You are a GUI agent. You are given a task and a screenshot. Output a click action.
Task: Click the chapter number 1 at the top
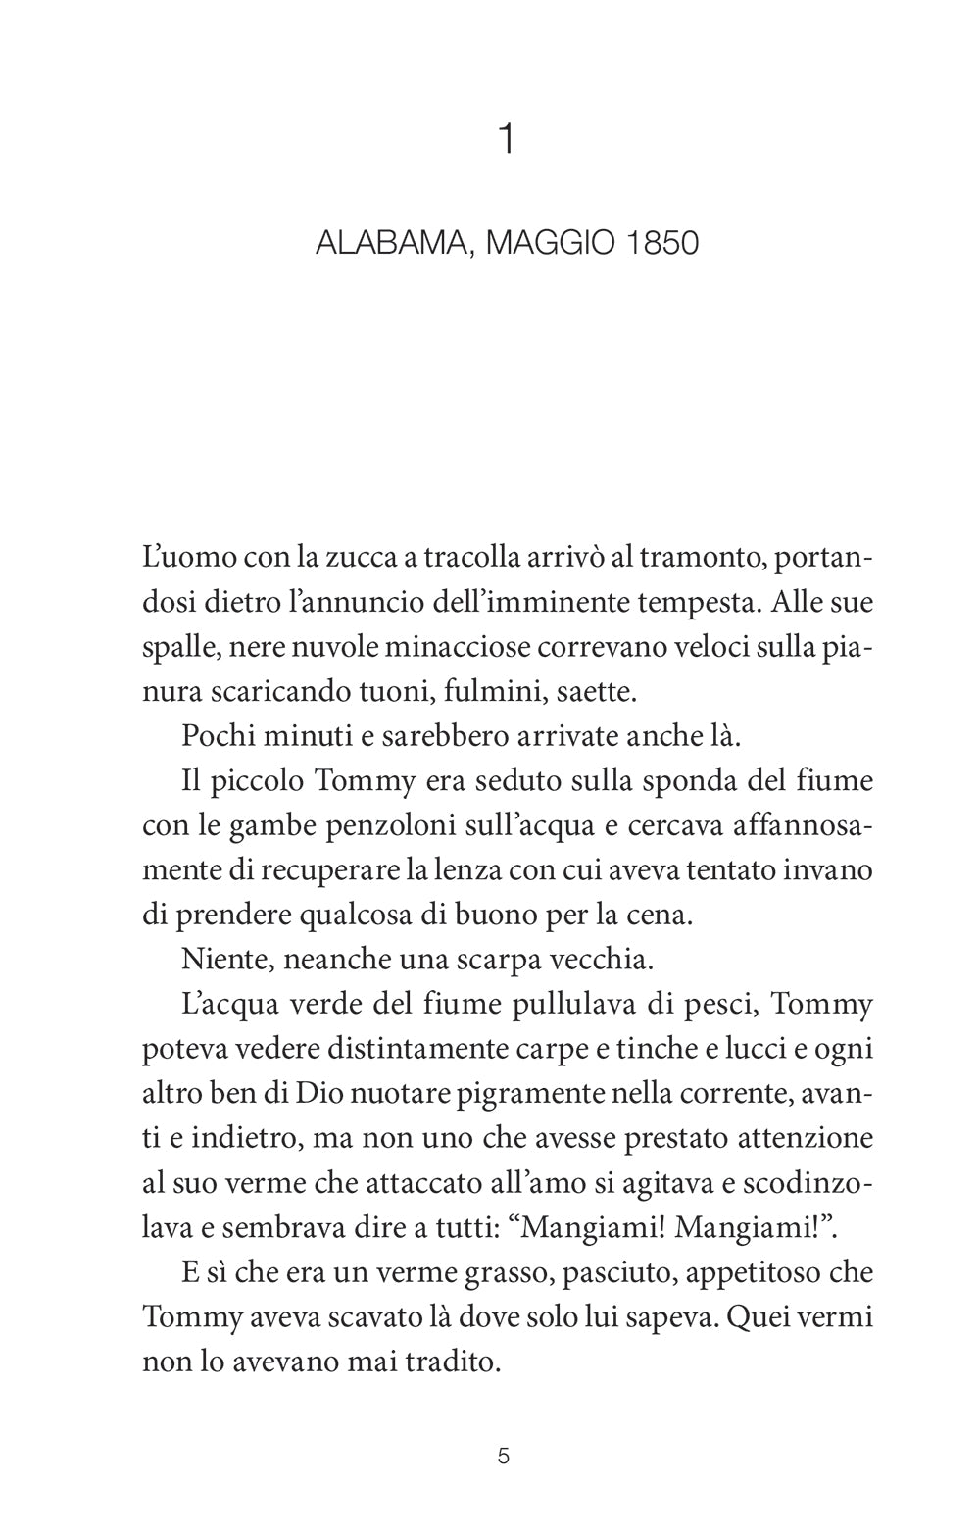pyautogui.click(x=506, y=140)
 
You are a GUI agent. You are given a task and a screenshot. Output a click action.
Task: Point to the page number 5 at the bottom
pyautogui.click(x=504, y=1456)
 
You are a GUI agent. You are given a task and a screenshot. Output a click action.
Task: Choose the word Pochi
pyautogui.click(x=217, y=736)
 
